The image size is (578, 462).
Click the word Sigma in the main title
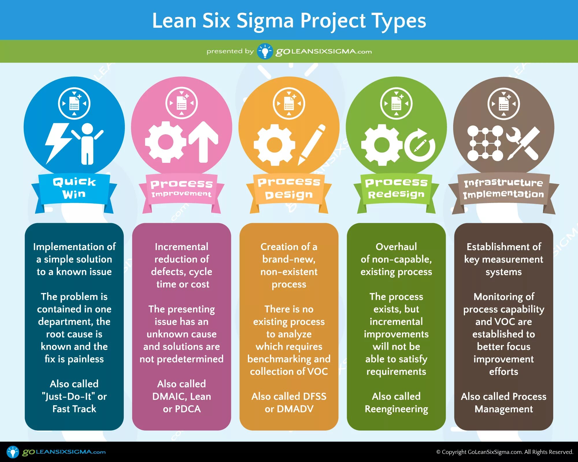pyautogui.click(x=265, y=21)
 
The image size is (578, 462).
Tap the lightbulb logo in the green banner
pyautogui.click(x=265, y=51)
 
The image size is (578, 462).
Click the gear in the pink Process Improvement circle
pyautogui.click(x=165, y=142)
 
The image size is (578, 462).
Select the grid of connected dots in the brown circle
pyautogui.click(x=485, y=143)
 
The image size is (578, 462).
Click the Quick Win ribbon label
pyautogui.click(x=74, y=188)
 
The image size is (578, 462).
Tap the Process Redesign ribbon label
pyautogui.click(x=396, y=188)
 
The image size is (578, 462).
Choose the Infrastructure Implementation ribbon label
pyautogui.click(x=503, y=188)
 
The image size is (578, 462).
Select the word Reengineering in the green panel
pyautogui.click(x=396, y=409)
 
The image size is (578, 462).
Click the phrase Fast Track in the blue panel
pyautogui.click(x=74, y=409)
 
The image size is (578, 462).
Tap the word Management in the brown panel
pyautogui.click(x=503, y=409)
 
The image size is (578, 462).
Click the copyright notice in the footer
pyautogui.click(x=505, y=452)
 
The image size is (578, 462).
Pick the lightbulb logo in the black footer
pyautogui.click(x=13, y=452)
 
